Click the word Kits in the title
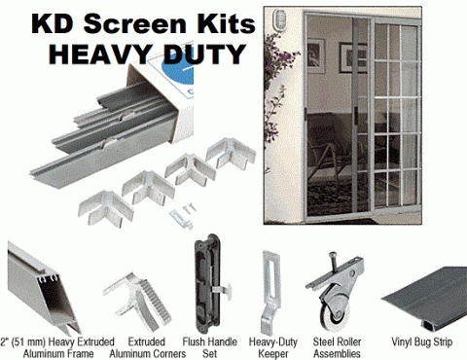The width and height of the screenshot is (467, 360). point(225,23)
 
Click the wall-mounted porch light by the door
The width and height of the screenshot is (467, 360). point(279,20)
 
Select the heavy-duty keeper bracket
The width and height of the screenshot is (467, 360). point(269,292)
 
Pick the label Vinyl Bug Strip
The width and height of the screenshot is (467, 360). point(422,342)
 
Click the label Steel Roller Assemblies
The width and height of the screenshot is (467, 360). point(337,347)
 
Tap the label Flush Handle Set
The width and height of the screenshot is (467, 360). point(209,347)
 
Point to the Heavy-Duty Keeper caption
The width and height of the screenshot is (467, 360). point(273,347)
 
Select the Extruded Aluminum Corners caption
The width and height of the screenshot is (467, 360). point(148,347)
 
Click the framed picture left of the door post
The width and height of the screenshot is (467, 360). point(315,55)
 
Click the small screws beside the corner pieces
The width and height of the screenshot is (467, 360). point(189,207)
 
